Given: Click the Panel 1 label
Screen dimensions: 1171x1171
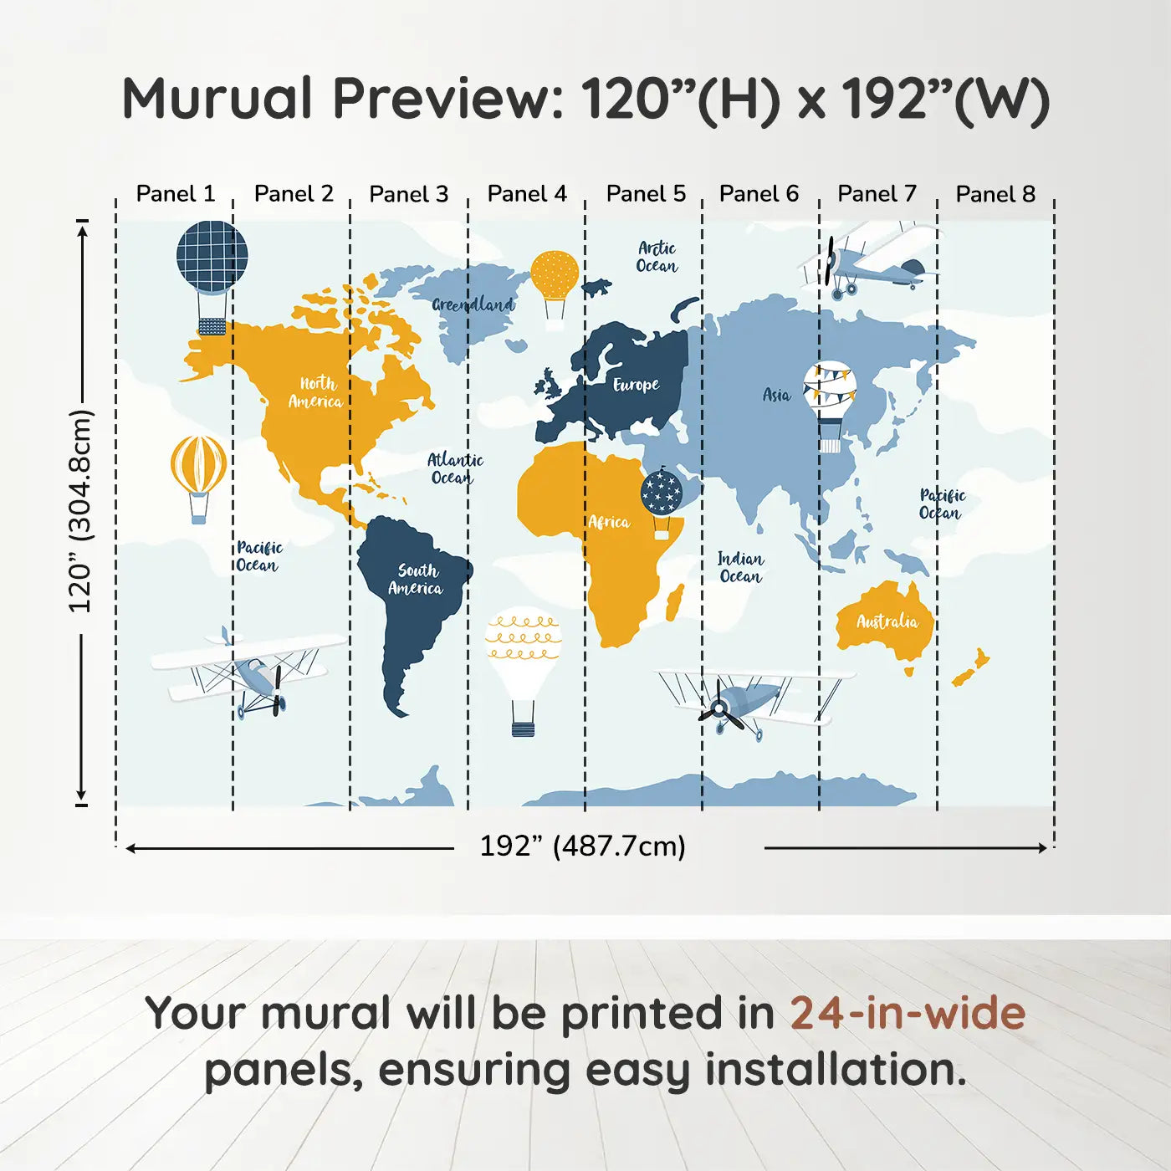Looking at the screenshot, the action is point(176,194).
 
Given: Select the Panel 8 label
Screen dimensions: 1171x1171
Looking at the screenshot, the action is point(995,194).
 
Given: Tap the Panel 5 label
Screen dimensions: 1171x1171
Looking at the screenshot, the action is point(646,194).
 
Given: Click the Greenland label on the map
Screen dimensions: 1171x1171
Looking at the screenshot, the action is point(473,304).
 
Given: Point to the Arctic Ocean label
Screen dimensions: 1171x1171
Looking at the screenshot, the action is point(657,257).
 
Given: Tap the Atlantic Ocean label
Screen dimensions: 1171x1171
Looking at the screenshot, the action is point(455,468).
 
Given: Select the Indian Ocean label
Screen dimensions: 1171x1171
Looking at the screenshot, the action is point(741,568).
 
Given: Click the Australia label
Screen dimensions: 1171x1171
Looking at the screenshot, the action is point(887,621).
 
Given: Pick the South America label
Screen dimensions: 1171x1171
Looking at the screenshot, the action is point(416,579).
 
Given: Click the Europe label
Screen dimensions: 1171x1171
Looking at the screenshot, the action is point(637,385).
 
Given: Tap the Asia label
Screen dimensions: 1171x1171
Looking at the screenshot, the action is point(776,395).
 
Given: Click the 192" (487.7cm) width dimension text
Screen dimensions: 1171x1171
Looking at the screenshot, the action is point(583,846).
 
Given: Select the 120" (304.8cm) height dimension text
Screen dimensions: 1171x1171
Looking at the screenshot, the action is point(80,511).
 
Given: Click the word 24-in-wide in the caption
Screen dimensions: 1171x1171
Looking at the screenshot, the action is point(908,1013).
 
